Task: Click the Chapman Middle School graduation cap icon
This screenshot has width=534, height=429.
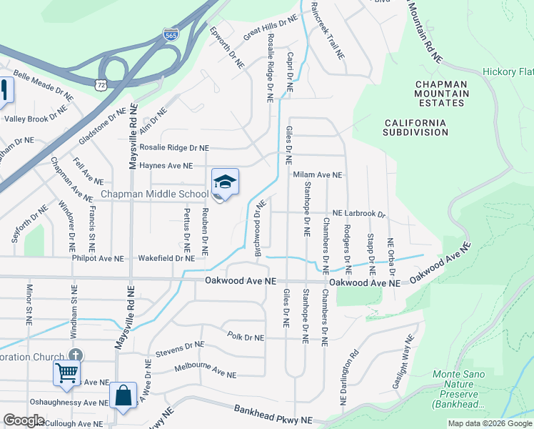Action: click(x=225, y=183)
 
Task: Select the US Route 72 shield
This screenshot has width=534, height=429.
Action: click(x=102, y=84)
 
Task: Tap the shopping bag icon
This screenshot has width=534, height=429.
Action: click(x=123, y=395)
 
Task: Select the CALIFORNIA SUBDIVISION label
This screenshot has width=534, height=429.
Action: click(x=415, y=127)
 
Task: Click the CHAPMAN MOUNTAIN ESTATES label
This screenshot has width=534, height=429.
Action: click(x=441, y=94)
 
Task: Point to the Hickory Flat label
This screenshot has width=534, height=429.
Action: click(x=508, y=71)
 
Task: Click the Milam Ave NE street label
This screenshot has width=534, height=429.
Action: click(x=318, y=174)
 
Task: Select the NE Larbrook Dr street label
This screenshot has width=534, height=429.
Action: click(x=359, y=214)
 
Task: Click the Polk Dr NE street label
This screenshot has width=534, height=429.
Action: click(x=246, y=336)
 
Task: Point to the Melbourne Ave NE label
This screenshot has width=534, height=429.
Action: click(x=204, y=370)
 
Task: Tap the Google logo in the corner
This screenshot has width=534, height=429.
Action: click(x=24, y=420)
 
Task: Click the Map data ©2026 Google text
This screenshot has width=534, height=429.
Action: click(x=490, y=423)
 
